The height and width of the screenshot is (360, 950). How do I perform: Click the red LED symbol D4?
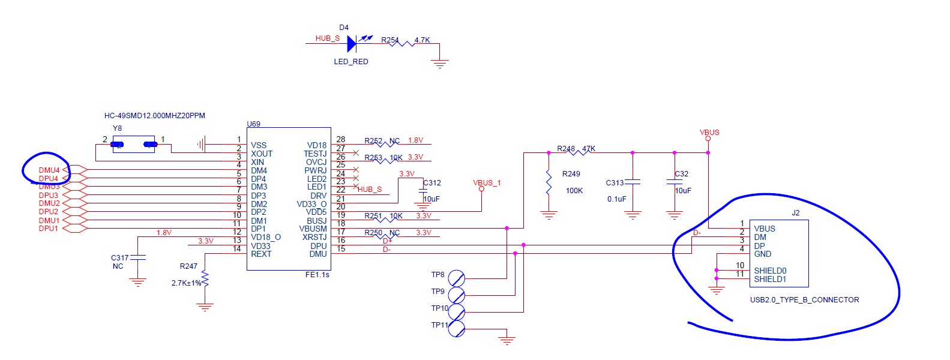(x=352, y=43)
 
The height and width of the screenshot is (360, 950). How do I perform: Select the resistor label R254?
(x=389, y=40)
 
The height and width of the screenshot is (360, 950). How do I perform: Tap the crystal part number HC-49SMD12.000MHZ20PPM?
(x=155, y=116)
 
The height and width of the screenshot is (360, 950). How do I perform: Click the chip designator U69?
(x=253, y=124)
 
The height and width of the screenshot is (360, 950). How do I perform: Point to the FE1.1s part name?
(x=317, y=274)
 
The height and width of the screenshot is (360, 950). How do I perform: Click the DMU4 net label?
(x=49, y=170)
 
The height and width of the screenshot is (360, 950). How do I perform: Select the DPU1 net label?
(x=49, y=229)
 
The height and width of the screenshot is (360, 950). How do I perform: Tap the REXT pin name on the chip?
(x=261, y=254)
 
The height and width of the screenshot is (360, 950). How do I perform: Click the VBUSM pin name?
(x=313, y=229)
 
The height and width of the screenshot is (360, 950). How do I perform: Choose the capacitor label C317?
(x=119, y=258)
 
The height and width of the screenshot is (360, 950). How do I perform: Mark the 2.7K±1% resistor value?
(x=186, y=283)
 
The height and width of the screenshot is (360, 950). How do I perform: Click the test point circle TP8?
(x=457, y=278)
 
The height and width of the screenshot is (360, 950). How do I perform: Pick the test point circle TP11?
(x=457, y=329)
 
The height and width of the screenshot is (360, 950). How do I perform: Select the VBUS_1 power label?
(x=487, y=183)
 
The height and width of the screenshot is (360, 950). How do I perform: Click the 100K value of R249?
(x=574, y=191)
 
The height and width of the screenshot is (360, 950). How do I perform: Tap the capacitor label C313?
(x=615, y=183)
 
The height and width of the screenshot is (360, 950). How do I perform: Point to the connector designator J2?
(x=795, y=213)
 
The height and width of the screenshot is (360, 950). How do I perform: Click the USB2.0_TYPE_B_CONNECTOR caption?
(x=804, y=299)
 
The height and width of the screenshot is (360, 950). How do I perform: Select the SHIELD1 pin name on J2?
(x=770, y=279)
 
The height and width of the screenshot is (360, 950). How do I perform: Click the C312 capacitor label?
(x=432, y=183)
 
